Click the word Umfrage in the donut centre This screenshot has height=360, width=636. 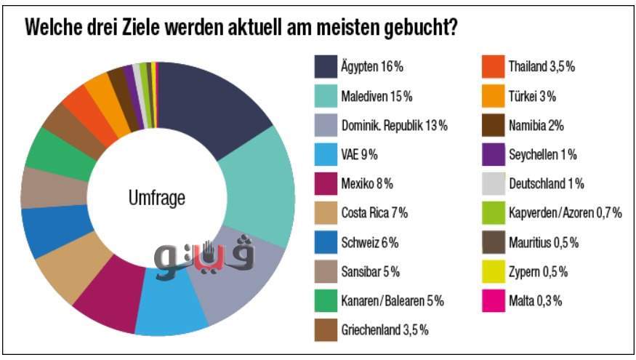pyautogui.click(x=156, y=197)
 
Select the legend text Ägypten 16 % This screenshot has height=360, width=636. pyautogui.click(x=371, y=67)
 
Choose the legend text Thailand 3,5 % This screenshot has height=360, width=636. pyautogui.click(x=542, y=67)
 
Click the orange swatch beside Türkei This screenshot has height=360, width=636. pyautogui.click(x=494, y=96)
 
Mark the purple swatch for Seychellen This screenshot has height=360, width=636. pyautogui.click(x=494, y=154)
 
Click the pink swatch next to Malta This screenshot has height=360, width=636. pyautogui.click(x=494, y=300)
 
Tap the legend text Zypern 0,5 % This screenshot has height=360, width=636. pyautogui.click(x=539, y=271)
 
